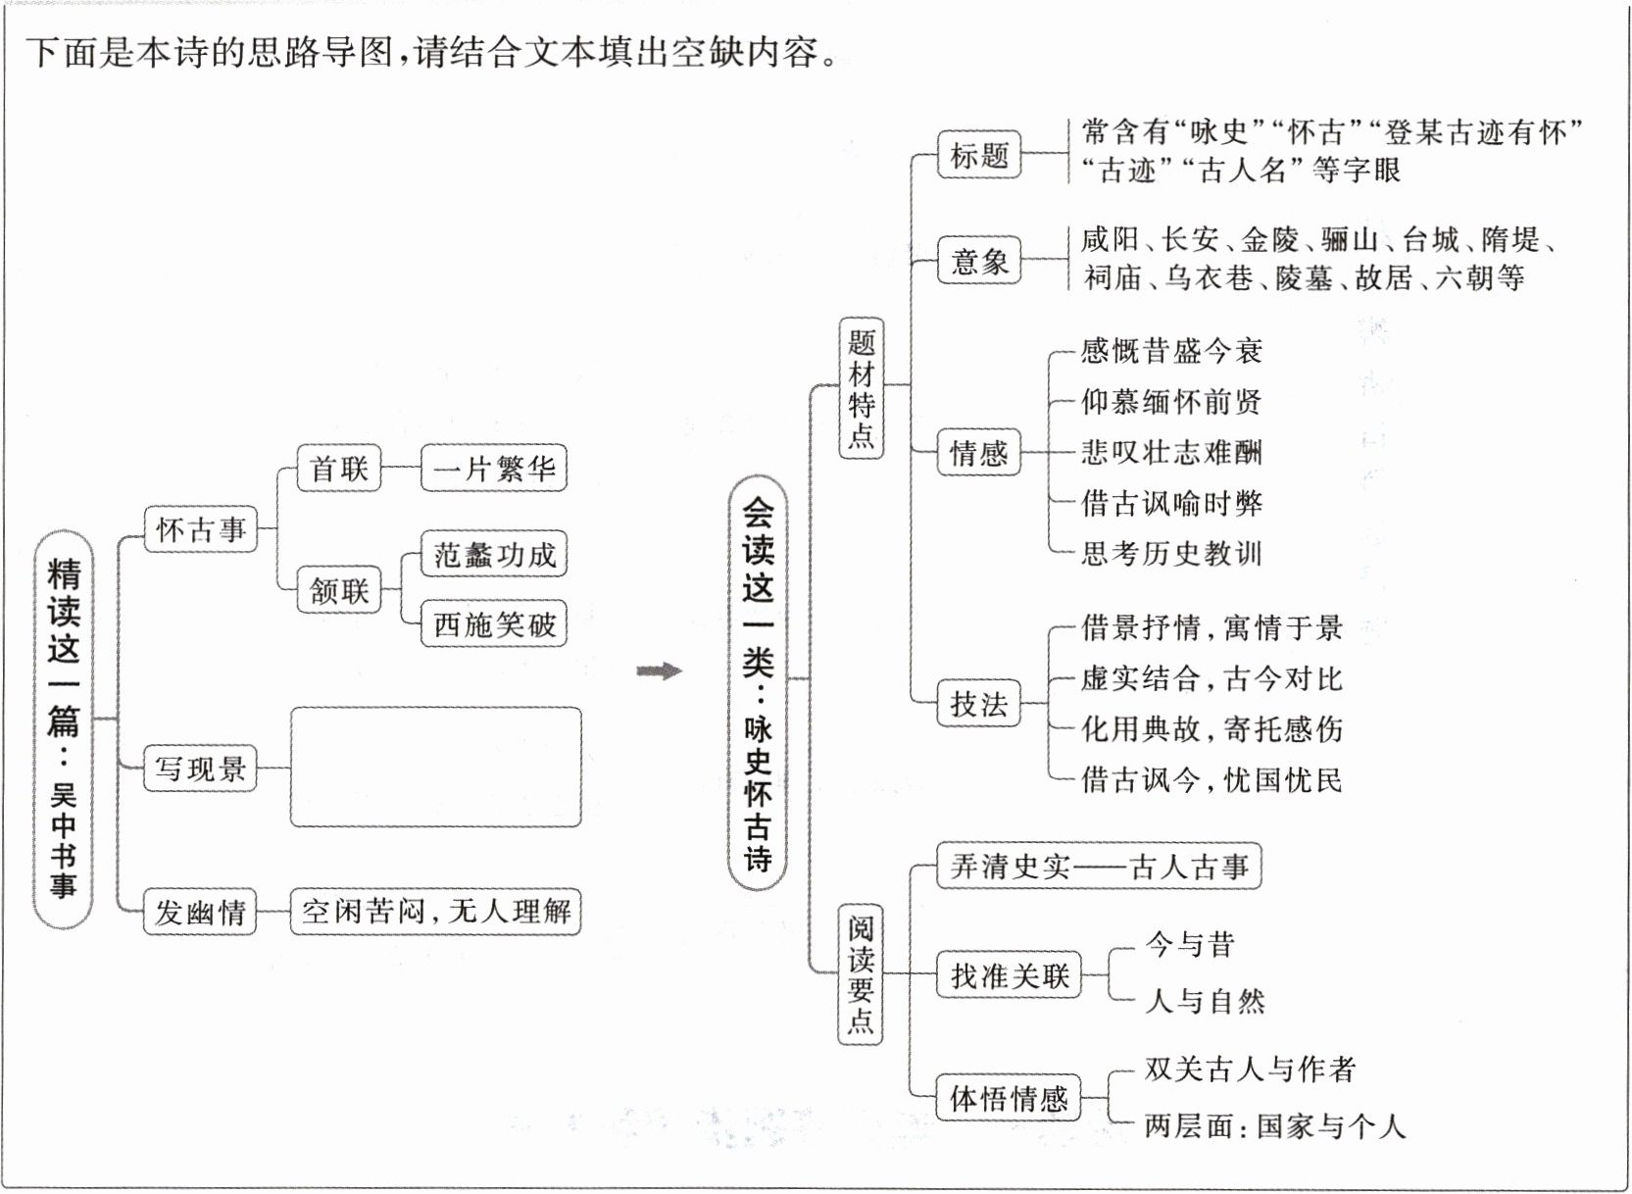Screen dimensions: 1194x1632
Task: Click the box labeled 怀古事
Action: [x=201, y=530]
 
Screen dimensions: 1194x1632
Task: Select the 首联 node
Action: [x=339, y=469]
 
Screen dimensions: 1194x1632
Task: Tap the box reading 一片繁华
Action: [x=494, y=469]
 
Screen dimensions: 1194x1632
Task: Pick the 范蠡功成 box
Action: [x=494, y=556]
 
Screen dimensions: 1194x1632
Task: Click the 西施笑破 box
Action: [x=494, y=624]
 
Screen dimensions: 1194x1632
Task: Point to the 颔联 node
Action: [x=339, y=590]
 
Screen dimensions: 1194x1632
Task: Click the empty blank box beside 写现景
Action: [x=435, y=767]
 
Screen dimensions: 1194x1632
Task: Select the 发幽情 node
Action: [x=200, y=913]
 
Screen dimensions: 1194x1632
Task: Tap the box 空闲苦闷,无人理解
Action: [x=435, y=912]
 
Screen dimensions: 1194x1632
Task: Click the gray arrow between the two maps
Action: [x=659, y=672]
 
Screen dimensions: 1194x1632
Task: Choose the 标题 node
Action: [x=979, y=155]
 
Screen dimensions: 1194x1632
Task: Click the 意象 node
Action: [x=979, y=261]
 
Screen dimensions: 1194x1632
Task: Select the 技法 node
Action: [x=978, y=704]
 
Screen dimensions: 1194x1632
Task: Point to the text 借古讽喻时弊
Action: [x=1171, y=503]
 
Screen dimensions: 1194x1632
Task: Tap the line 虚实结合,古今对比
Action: [x=1212, y=678]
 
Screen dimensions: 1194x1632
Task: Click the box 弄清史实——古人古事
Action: [x=1099, y=867]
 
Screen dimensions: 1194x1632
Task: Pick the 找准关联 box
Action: [x=1009, y=975]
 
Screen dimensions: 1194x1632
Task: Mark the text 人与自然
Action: [x=1206, y=1001]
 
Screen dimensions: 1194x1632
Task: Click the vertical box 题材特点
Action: [x=862, y=388]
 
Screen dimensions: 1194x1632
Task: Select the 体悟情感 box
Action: [x=1009, y=1098]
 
